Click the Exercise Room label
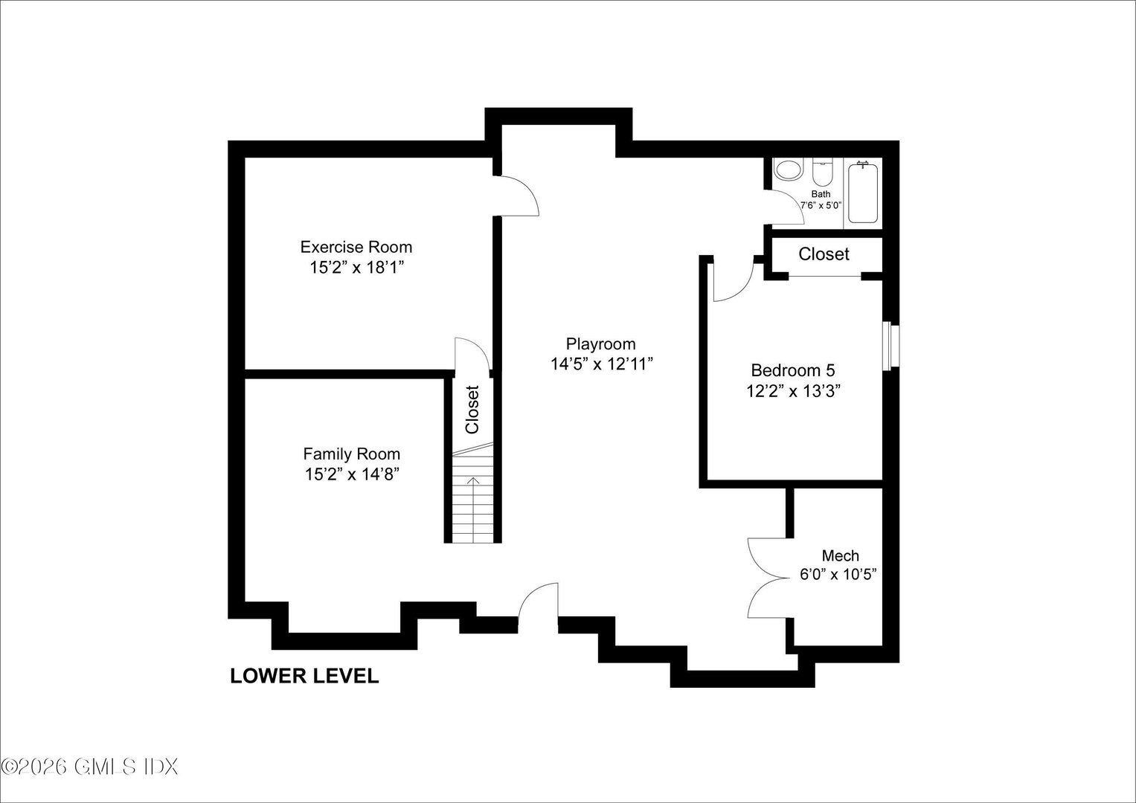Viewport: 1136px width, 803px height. click(356, 247)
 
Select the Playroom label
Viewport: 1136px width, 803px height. click(600, 344)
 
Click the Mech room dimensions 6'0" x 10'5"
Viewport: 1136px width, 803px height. click(840, 575)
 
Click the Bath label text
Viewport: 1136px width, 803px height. click(821, 194)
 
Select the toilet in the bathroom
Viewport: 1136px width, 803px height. click(821, 173)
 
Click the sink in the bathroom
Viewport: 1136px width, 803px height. click(788, 170)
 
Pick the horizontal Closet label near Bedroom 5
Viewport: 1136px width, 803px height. click(824, 254)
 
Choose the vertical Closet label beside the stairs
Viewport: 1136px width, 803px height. click(472, 409)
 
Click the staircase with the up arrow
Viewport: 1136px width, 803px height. click(472, 494)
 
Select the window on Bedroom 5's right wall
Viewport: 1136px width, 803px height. click(890, 345)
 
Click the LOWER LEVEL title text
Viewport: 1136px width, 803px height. click(304, 676)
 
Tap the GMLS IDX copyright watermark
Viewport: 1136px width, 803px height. click(89, 767)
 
